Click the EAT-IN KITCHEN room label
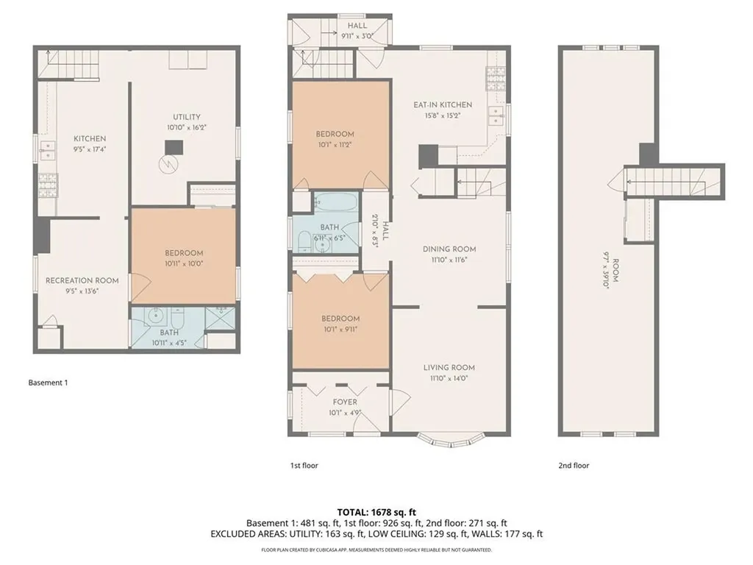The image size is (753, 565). coord(442,104)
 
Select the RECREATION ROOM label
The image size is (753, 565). coord(82,280)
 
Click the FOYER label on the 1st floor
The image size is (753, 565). coord(345,402)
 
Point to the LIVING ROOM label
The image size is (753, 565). coord(449,367)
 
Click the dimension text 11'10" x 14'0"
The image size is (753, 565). coord(449,378)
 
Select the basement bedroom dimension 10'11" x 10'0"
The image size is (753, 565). coord(184,263)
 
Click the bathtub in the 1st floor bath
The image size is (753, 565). coord(336,202)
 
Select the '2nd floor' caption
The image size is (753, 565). coord(574,465)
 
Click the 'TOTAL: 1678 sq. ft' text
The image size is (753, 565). coord(376,511)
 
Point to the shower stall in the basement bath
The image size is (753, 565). coord(219,319)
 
